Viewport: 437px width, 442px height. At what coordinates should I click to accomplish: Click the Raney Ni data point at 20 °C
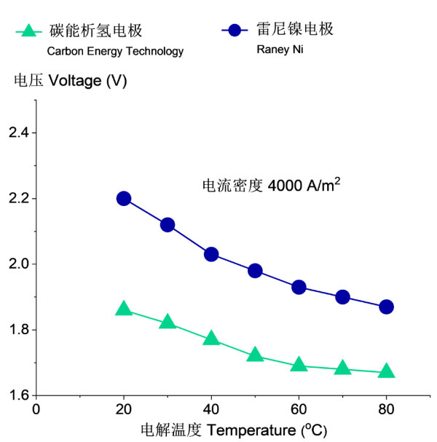[124, 198]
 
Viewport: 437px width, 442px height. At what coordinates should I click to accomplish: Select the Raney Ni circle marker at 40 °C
[211, 254]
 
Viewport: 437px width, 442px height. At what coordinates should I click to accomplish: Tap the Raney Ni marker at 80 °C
[386, 307]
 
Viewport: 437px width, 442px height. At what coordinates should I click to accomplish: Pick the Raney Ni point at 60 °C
[299, 287]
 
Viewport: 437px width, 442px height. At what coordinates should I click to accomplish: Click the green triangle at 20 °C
[124, 309]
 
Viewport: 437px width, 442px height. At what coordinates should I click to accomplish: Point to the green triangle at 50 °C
[255, 355]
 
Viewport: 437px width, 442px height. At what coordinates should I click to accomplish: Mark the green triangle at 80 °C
[386, 371]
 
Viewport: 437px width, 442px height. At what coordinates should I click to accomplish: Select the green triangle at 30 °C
[168, 322]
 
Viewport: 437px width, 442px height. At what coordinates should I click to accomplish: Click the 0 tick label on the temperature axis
[36, 409]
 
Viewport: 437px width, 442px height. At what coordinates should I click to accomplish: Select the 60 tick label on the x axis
[299, 409]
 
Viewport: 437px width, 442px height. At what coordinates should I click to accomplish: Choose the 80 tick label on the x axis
[386, 409]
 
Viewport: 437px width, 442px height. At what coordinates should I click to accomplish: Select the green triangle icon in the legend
[28, 31]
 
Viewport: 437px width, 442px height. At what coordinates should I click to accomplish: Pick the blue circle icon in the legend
[235, 31]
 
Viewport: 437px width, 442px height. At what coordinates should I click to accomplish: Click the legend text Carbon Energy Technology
[115, 51]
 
